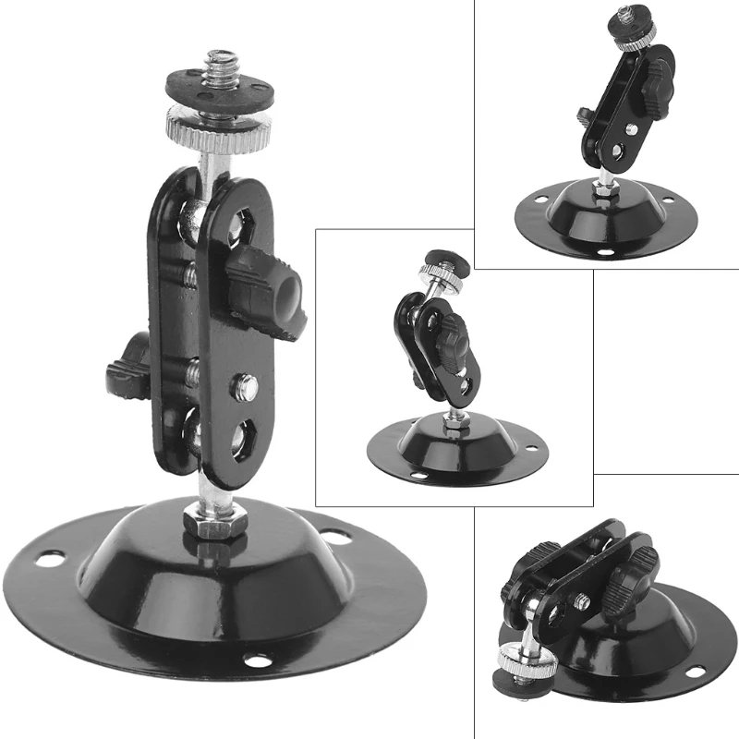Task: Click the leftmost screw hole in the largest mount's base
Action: pos(49,558)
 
